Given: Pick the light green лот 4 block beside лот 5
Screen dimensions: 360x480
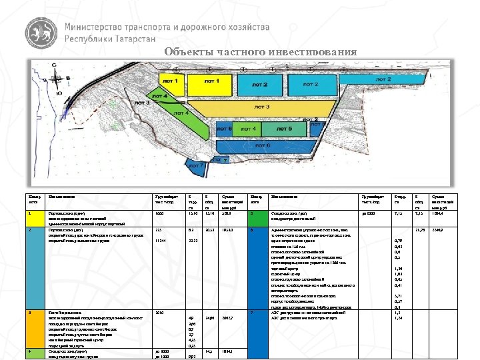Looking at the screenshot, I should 248,128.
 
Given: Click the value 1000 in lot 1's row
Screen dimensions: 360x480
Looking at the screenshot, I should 159,214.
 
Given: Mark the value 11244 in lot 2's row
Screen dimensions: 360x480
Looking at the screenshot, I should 160,240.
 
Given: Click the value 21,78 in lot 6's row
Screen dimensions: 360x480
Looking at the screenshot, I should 421,229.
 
